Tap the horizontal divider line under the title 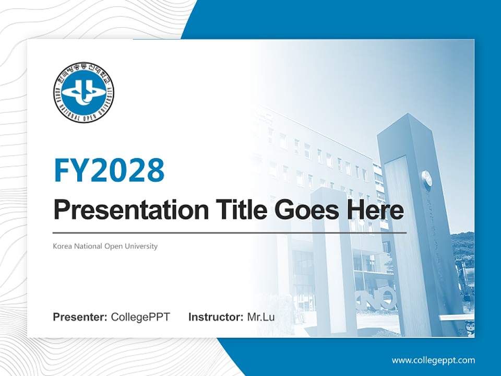(x=230, y=232)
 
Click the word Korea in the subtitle (x=62, y=246)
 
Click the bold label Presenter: (x=80, y=317)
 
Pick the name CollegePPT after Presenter (x=140, y=317)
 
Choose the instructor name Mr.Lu (x=261, y=317)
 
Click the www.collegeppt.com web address (x=433, y=360)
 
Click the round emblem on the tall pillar (x=427, y=179)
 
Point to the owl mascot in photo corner (x=469, y=328)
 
